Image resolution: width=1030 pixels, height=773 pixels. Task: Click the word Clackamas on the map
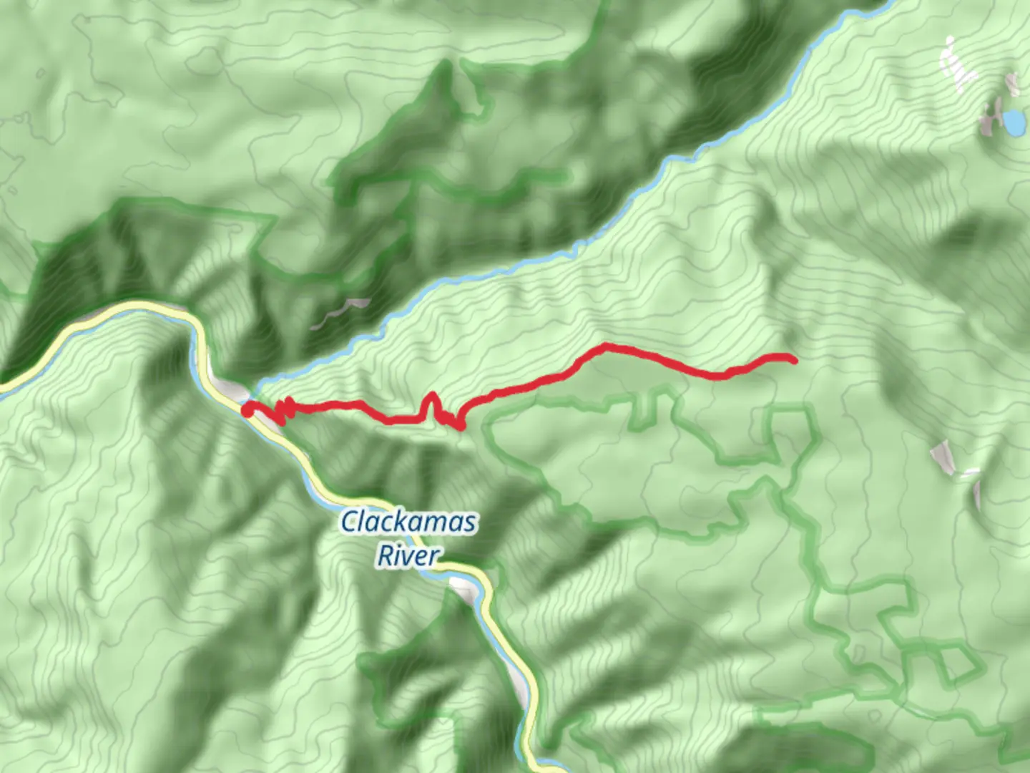click(408, 522)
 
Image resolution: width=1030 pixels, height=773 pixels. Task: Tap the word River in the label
click(408, 555)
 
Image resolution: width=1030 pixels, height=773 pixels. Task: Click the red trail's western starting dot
click(247, 410)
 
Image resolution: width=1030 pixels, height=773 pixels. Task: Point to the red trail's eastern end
click(793, 360)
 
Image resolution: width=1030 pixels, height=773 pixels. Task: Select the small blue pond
click(1013, 122)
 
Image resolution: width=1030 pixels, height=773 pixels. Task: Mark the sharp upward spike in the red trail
click(431, 398)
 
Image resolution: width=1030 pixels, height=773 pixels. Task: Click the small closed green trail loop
click(955, 662)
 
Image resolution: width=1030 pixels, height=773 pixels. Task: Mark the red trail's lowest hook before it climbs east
click(458, 424)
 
